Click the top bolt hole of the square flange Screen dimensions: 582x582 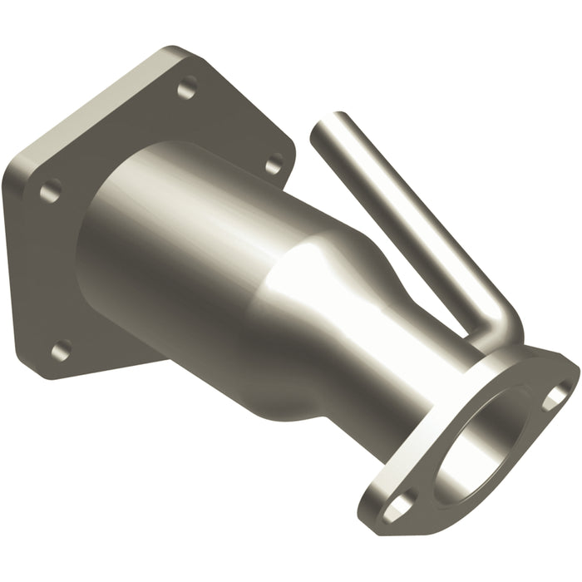(x=188, y=86)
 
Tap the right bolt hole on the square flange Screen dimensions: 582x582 (x=273, y=164)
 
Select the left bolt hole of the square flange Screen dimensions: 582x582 (x=50, y=191)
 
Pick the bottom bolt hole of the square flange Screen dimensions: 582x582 (x=60, y=351)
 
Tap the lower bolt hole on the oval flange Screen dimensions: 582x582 (x=399, y=505)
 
